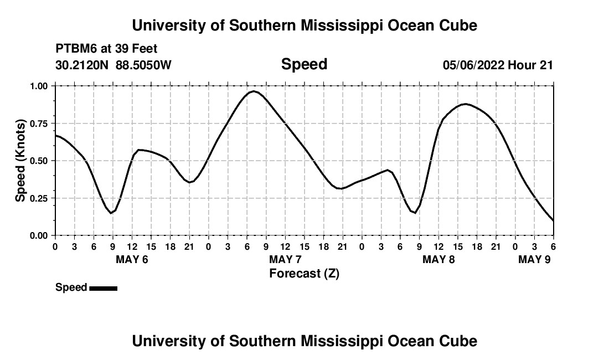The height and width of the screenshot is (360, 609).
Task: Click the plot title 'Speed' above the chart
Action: click(304, 64)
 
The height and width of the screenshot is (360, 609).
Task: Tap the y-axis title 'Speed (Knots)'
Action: click(20, 160)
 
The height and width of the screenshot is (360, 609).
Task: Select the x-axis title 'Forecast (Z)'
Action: click(304, 273)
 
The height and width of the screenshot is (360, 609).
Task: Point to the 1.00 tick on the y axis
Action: click(39, 86)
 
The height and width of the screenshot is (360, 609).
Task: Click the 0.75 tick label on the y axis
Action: click(39, 124)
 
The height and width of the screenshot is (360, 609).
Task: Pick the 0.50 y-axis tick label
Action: click(39, 161)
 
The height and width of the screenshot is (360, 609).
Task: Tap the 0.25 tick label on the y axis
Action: click(39, 198)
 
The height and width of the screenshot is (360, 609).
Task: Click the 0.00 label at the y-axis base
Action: click(39, 235)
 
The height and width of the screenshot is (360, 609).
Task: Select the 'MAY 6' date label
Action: click(132, 260)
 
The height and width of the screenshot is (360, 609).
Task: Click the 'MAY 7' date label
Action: click(285, 260)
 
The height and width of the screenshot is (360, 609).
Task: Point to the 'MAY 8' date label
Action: click(438, 260)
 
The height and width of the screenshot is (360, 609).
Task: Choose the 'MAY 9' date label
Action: click(534, 260)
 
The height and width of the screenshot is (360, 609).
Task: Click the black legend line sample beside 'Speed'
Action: click(103, 288)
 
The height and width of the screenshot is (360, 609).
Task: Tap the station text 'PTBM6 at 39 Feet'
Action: click(106, 49)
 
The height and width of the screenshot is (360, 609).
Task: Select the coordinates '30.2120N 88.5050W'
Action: click(113, 65)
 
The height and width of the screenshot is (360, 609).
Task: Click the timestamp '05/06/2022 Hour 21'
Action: click(498, 65)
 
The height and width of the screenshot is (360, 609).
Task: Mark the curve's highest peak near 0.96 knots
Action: click(254, 91)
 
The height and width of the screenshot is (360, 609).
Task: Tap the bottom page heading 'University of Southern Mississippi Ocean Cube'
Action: click(304, 341)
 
